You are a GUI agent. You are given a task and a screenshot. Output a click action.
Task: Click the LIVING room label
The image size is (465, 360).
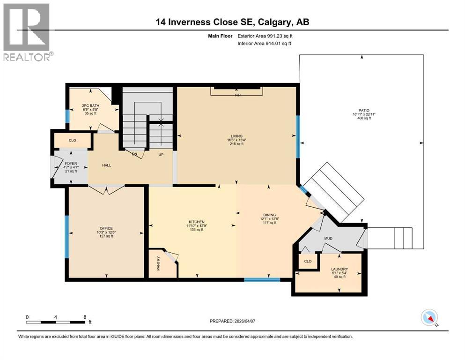tap(236, 136)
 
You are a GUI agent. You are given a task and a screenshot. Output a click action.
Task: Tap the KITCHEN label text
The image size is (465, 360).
tap(197, 222)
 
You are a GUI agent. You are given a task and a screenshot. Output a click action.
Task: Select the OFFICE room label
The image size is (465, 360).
tap(106, 229)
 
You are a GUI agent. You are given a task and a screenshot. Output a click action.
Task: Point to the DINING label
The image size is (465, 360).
tap(270, 215)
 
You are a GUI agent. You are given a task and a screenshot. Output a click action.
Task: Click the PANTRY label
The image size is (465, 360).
tap(158, 263)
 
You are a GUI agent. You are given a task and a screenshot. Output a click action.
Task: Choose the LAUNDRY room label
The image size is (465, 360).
tap(340, 269)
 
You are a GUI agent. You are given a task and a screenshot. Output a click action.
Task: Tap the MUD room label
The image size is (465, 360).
tap(328, 238)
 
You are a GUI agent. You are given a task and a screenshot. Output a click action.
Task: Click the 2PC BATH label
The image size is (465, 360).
tap(90, 105)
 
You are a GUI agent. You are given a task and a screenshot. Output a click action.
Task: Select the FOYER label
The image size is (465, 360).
tap(71, 164)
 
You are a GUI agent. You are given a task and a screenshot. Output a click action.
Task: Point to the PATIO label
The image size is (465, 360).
tap(364, 111)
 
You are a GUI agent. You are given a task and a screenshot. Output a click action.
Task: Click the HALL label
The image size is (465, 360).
tap(106, 165)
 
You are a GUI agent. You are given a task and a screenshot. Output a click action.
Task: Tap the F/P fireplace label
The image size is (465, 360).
tap(238, 95)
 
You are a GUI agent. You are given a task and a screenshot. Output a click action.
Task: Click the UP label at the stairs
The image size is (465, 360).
tap(161, 155)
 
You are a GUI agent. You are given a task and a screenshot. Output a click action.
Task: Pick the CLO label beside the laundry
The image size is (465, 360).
tap(308, 261)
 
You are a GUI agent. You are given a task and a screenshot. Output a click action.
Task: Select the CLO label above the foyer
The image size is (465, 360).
tap(73, 140)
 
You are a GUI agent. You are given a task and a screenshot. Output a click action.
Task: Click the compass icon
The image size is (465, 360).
tap(429, 317)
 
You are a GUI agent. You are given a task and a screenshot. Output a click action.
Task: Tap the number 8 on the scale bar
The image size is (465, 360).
tap(85, 317)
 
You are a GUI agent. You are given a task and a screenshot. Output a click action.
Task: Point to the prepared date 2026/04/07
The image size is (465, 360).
tap(244, 321)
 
